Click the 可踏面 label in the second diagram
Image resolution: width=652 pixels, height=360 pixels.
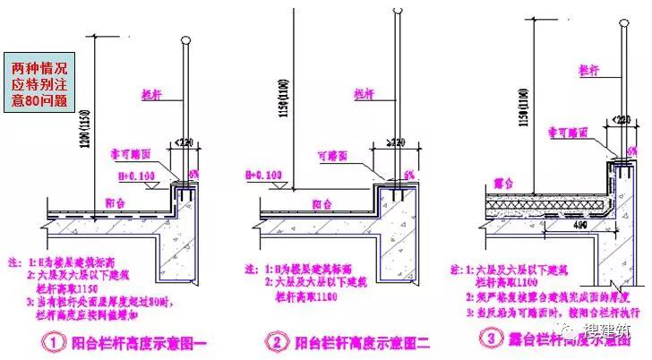(333, 154)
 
